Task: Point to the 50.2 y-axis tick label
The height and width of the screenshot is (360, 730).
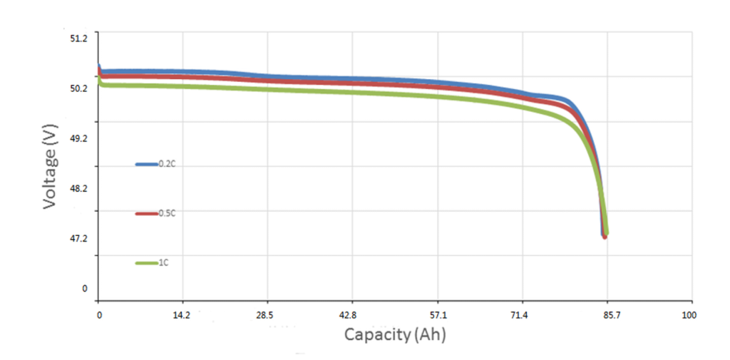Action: click(x=78, y=88)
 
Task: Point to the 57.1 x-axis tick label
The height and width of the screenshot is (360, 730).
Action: click(x=438, y=315)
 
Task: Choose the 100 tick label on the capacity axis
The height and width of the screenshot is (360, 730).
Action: click(x=689, y=315)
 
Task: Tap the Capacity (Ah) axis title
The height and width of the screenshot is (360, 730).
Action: click(x=395, y=334)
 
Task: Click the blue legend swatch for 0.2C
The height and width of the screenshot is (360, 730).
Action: click(x=146, y=165)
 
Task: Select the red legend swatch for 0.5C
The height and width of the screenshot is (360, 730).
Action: click(x=146, y=214)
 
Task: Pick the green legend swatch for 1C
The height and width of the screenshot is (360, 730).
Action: click(x=146, y=264)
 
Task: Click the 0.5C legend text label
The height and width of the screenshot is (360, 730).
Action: click(x=166, y=214)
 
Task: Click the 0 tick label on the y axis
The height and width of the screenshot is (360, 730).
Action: click(x=84, y=289)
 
